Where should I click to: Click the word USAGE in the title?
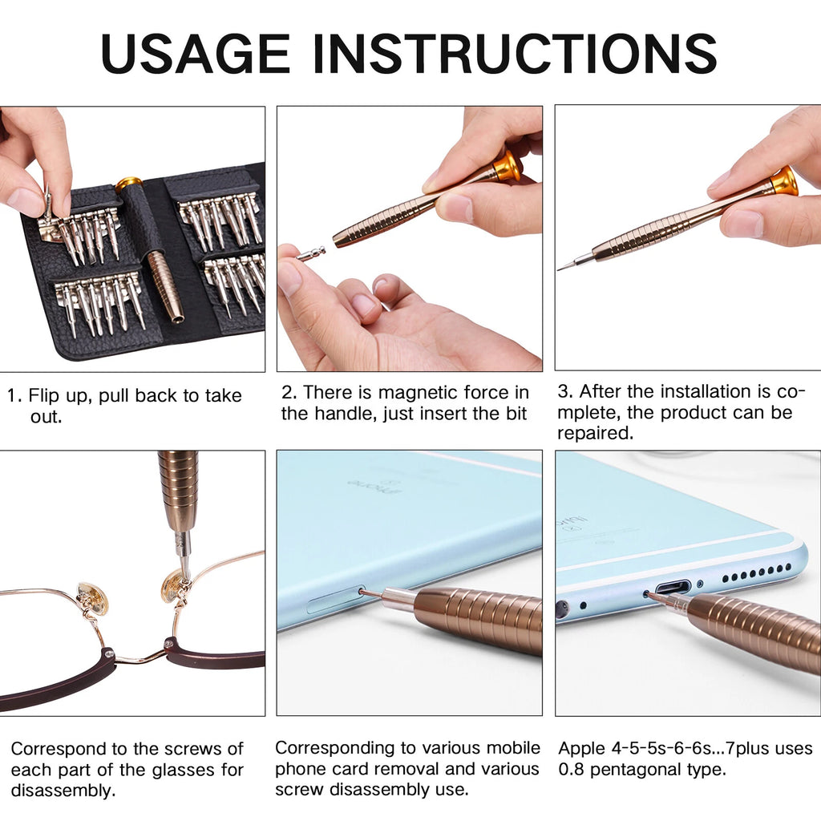tap(195, 55)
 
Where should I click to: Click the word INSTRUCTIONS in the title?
tap(514, 55)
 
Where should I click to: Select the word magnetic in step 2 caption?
tap(419, 393)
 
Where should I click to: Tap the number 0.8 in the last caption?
tap(575, 770)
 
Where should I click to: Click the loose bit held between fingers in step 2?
tap(312, 253)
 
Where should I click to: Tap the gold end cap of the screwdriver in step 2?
tap(508, 166)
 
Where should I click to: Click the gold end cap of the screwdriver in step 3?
tap(784, 181)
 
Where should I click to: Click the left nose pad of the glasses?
tap(92, 598)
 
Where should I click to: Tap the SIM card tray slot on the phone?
tap(334, 600)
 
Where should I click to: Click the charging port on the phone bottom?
tap(671, 587)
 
